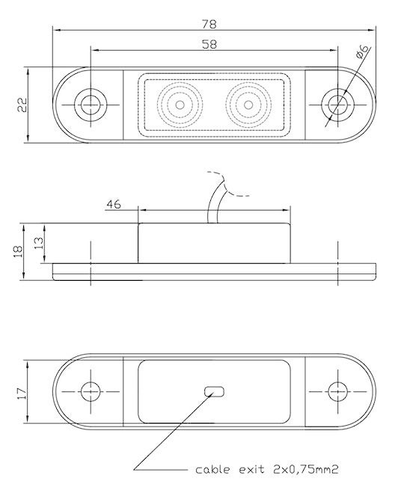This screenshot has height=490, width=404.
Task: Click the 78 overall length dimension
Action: [209, 24]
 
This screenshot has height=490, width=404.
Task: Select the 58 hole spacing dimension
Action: [209, 44]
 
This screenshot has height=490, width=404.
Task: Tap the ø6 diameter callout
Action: [362, 52]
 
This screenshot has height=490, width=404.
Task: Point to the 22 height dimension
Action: [22, 105]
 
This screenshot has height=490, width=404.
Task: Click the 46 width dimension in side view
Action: [114, 205]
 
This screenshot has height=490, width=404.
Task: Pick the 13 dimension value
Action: [39, 243]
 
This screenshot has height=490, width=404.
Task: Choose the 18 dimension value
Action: [18, 251]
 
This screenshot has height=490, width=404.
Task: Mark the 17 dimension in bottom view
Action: [22, 394]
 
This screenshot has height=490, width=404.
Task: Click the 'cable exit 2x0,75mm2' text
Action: [266, 470]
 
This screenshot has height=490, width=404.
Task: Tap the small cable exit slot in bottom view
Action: [214, 391]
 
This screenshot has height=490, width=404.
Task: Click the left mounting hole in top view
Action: [91, 105]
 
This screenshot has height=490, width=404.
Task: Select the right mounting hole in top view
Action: [337, 105]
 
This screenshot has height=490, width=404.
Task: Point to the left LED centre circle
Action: [180, 105]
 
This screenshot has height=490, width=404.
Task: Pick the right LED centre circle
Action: [248, 105]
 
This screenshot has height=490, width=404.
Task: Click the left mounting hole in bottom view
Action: [91, 391]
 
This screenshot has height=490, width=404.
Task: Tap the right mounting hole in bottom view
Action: [338, 391]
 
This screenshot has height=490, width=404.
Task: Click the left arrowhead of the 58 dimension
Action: [95, 50]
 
